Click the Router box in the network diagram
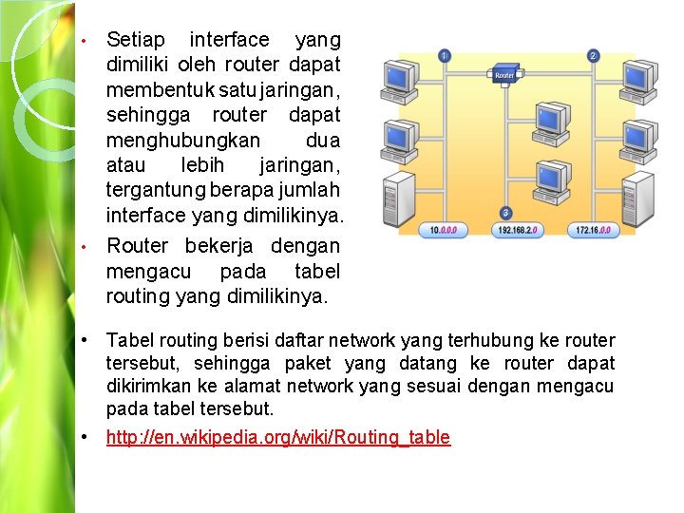tap(503, 74)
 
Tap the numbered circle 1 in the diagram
tap(444, 56)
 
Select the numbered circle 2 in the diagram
tap(594, 56)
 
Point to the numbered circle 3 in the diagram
tap(505, 213)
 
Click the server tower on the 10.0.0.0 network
tap(389, 197)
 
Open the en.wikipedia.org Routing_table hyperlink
tap(278, 437)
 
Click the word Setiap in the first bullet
tap(136, 40)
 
